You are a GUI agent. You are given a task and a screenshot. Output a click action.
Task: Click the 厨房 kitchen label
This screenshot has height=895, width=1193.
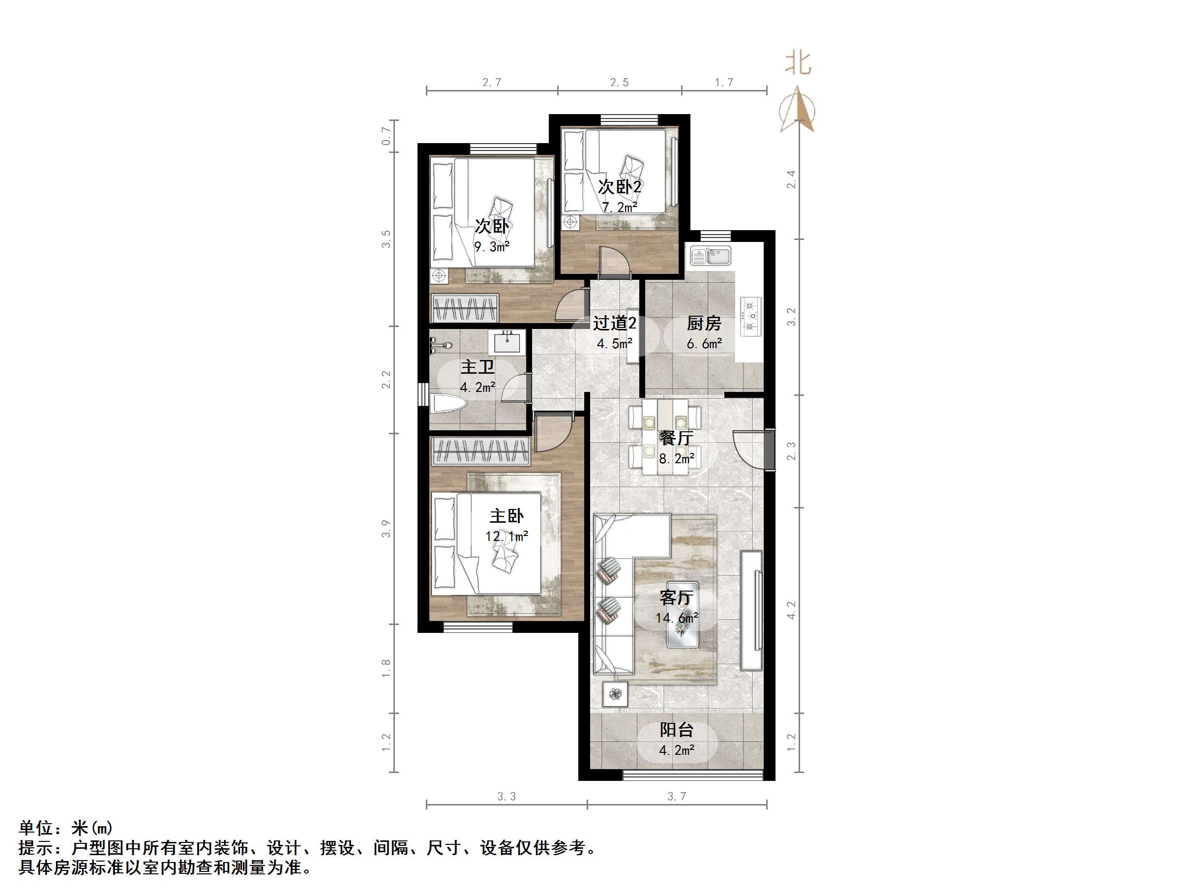(703, 324)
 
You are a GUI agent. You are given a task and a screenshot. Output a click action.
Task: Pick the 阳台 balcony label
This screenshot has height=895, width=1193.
(676, 730)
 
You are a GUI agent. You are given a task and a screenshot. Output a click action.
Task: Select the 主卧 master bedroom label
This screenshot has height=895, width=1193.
(507, 516)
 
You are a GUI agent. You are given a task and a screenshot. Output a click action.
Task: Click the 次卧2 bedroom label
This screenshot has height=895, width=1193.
(620, 187)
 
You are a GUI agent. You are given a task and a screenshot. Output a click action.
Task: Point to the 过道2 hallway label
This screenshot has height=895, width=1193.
(614, 323)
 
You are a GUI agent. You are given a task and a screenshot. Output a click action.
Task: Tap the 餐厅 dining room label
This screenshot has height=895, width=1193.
(676, 438)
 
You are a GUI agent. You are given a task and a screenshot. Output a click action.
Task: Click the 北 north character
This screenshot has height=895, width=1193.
(798, 63)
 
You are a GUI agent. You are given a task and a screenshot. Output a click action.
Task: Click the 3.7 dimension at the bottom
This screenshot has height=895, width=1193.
(676, 796)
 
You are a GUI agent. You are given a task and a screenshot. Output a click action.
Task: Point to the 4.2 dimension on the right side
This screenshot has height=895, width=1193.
(791, 610)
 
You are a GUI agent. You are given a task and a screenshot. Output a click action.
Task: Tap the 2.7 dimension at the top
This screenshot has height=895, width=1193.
(491, 83)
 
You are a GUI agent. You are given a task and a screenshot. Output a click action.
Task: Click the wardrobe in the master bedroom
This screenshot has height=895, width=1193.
(480, 451)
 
